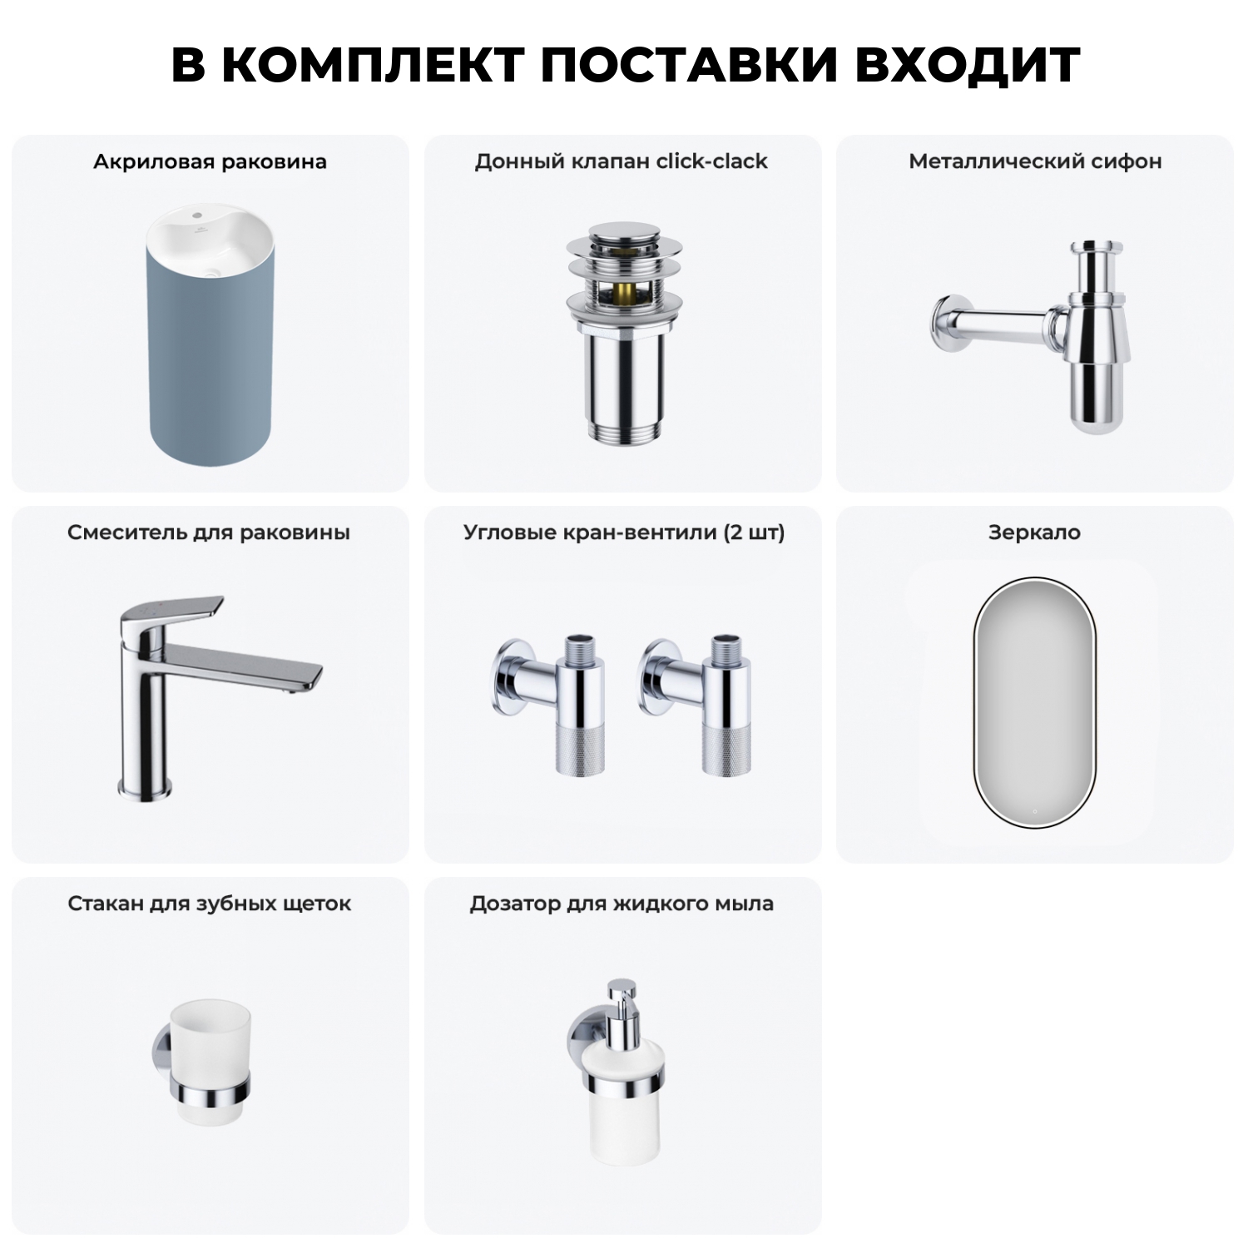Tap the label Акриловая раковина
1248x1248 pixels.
tap(210, 161)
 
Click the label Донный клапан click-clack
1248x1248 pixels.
tap(622, 161)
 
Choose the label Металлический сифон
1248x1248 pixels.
tap(1035, 161)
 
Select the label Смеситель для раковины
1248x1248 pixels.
tap(209, 532)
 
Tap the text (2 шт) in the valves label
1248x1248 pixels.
tap(754, 532)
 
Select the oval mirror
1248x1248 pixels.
tap(1035, 702)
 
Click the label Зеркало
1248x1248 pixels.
tap(1034, 532)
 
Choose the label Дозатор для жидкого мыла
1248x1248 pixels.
tap(622, 904)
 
